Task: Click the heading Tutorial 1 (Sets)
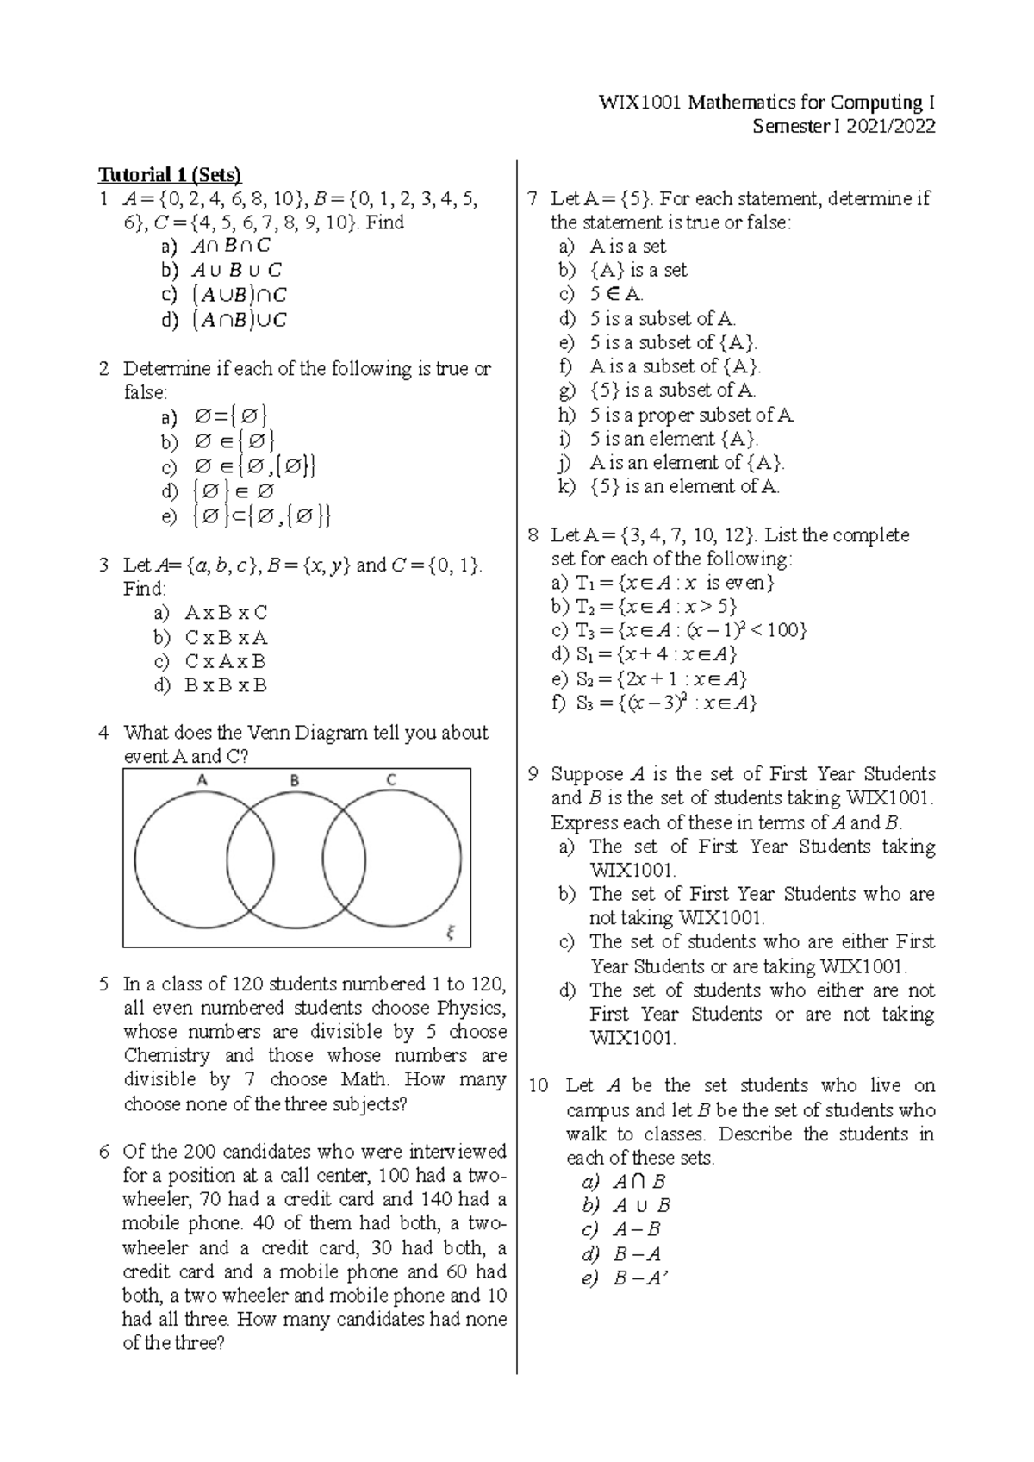169,175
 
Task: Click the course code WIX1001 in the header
635,103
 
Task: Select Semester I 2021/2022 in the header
844,128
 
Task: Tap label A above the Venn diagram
202,781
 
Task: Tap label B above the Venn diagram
295,781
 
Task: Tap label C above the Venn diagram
390,781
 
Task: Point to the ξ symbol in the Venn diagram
450,932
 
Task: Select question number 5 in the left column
104,984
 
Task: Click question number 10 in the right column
539,1086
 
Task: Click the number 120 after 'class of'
246,984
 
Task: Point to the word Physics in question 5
470,1008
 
